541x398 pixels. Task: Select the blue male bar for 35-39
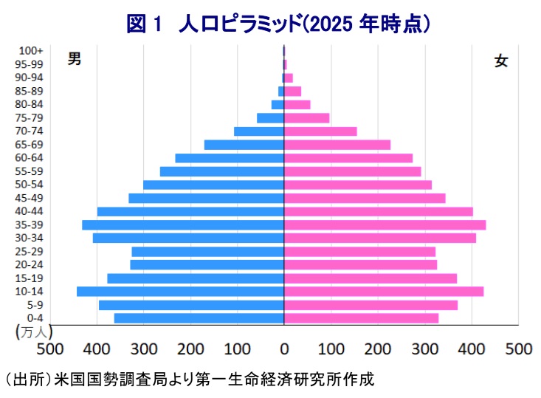[x=183, y=224]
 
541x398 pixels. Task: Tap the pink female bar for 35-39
[x=385, y=224]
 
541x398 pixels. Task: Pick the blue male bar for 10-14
[x=180, y=292]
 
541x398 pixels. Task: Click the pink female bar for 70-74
[x=320, y=131]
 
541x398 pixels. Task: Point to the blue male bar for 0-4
[x=199, y=318]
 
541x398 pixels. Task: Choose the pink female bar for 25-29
[x=359, y=251]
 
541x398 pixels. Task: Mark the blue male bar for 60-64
[x=230, y=158]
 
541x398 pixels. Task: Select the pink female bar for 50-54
[x=358, y=185]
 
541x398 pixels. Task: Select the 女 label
[x=501, y=61]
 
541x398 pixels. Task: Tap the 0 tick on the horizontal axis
[x=284, y=349]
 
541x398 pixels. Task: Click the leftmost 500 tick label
[x=50, y=349]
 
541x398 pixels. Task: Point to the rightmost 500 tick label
[x=518, y=349]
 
